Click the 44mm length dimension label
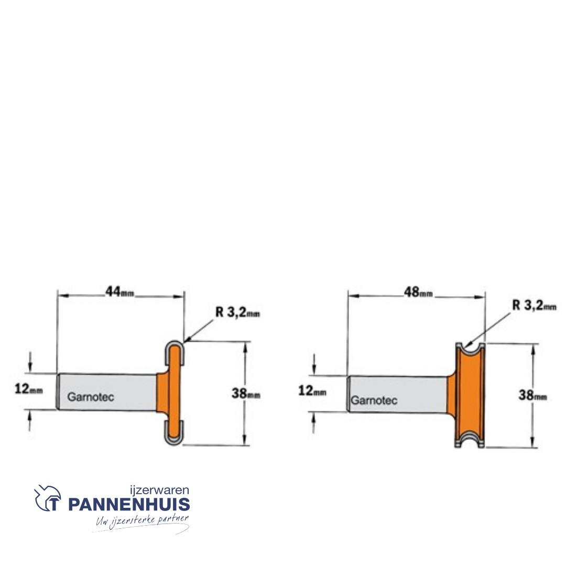click(120, 291)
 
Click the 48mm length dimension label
click(418, 292)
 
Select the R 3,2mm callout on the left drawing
click(238, 313)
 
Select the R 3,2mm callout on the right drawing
click(534, 306)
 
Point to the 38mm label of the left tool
click(246, 394)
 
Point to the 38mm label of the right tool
click(532, 396)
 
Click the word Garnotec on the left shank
click(91, 397)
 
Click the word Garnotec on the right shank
click(374, 400)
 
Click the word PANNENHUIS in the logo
click(129, 505)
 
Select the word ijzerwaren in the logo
click(159, 491)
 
